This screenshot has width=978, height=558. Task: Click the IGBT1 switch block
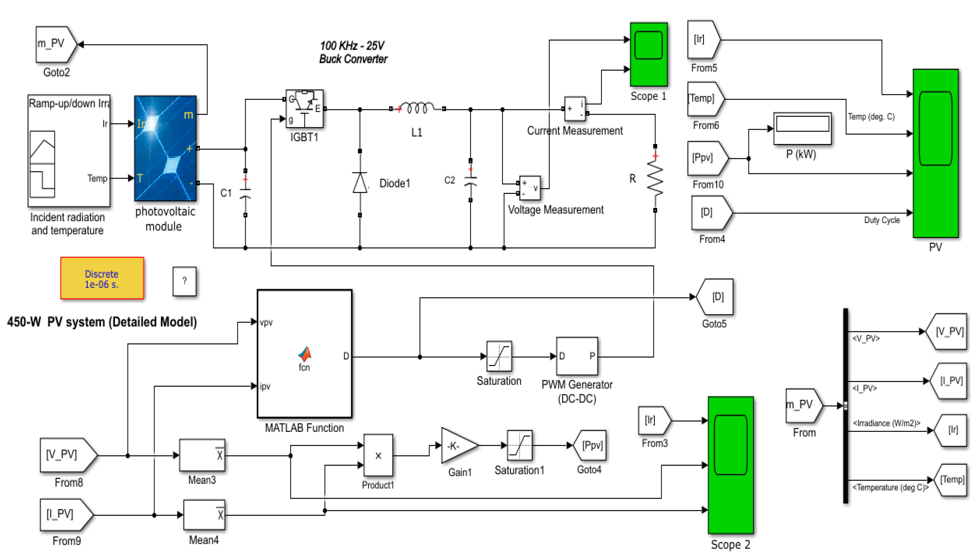click(x=304, y=109)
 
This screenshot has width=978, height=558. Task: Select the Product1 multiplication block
click(x=378, y=455)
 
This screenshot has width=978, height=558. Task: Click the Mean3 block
click(x=202, y=455)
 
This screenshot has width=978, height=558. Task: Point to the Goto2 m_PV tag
click(x=56, y=44)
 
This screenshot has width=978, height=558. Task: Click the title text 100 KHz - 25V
click(x=352, y=46)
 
